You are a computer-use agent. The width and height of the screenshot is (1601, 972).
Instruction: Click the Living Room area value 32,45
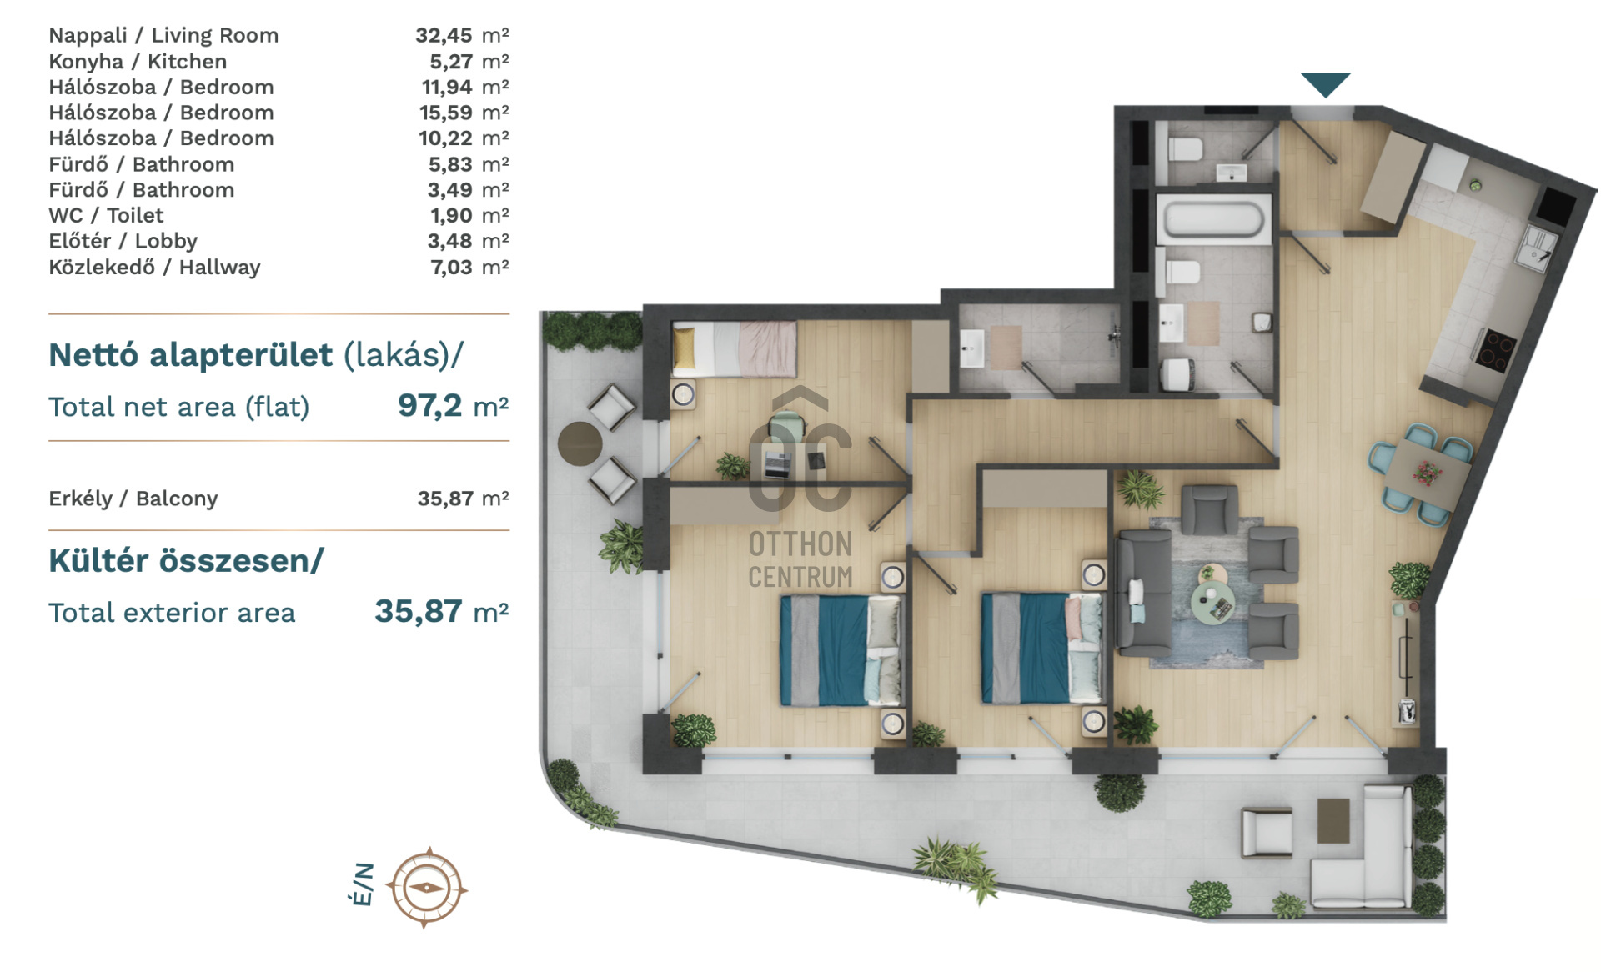[444, 36]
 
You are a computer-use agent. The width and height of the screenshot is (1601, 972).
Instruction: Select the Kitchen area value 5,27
[451, 62]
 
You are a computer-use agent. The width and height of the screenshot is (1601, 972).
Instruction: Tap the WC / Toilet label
[106, 215]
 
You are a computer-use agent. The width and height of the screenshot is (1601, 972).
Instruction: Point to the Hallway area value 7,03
[451, 268]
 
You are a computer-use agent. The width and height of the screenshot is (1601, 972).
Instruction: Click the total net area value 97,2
[429, 405]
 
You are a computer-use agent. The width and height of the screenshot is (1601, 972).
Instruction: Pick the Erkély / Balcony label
[133, 499]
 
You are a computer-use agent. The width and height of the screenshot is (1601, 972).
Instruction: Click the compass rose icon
[426, 888]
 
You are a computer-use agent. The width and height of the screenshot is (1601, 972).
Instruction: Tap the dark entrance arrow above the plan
[1325, 84]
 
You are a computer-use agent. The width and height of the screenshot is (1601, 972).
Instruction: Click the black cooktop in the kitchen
[1495, 349]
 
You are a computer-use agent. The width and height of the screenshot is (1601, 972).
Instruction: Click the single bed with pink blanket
[734, 348]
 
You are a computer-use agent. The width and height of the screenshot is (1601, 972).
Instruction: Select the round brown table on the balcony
[580, 443]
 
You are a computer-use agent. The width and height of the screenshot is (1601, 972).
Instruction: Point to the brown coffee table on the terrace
[1333, 821]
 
